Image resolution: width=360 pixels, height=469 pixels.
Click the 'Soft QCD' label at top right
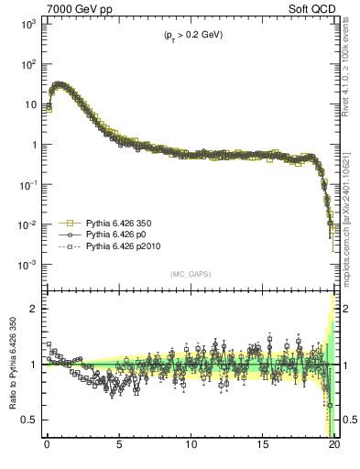click(315, 7)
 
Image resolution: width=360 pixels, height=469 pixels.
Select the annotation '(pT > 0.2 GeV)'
click(188, 35)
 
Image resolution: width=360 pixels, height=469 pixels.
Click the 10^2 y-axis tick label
click(28, 64)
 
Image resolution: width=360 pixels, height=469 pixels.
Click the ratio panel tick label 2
click(34, 309)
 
